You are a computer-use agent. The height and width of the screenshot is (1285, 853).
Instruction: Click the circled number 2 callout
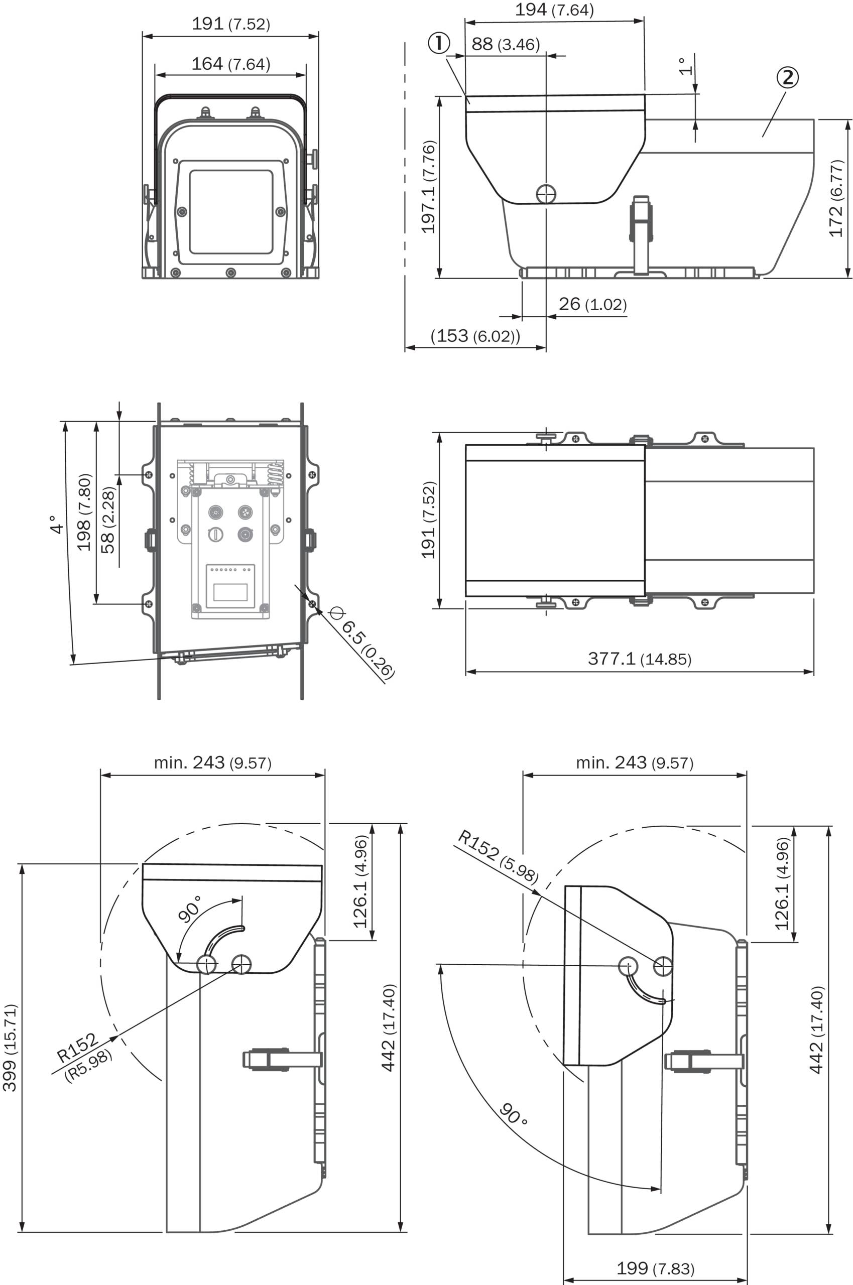coord(787,77)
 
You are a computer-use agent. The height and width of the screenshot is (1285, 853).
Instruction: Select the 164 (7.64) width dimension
coord(230,64)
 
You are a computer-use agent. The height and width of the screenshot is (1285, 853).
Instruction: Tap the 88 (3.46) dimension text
coord(506,44)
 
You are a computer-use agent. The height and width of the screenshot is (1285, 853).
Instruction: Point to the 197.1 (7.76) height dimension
coord(429,187)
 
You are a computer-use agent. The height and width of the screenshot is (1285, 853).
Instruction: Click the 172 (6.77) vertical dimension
coord(836,198)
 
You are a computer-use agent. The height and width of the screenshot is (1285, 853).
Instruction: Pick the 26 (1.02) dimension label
coord(592,304)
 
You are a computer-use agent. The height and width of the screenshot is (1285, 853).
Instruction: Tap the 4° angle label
coord(57,525)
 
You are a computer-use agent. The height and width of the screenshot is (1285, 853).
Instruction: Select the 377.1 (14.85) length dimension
coord(640,659)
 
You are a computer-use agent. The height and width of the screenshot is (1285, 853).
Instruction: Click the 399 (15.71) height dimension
coord(10,1048)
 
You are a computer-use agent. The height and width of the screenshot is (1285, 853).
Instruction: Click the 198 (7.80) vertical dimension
coord(84,512)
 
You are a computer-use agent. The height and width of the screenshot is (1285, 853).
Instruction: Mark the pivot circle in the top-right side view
coord(546,194)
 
